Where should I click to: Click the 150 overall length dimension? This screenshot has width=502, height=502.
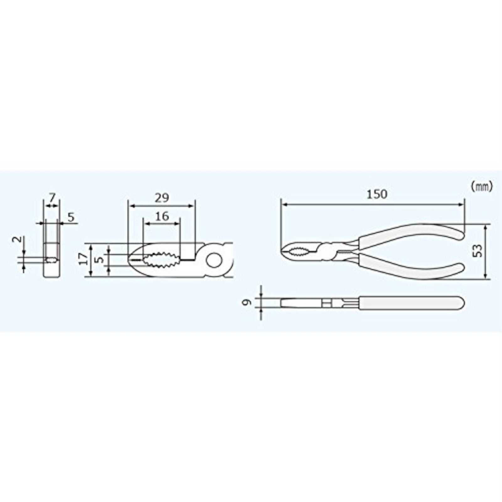tap(377, 195)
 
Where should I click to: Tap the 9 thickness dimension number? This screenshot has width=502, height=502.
tap(248, 302)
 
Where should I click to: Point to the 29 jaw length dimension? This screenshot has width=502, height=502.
tap(162, 198)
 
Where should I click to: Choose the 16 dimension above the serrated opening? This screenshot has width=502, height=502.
tap(162, 216)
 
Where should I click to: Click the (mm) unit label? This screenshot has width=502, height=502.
tap(482, 187)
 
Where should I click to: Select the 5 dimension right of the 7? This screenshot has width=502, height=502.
tap(71, 217)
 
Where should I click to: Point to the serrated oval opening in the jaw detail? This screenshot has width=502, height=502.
tap(161, 259)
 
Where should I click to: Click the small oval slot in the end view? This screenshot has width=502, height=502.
tap(51, 260)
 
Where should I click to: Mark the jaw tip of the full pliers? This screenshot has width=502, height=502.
tap(283, 251)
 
